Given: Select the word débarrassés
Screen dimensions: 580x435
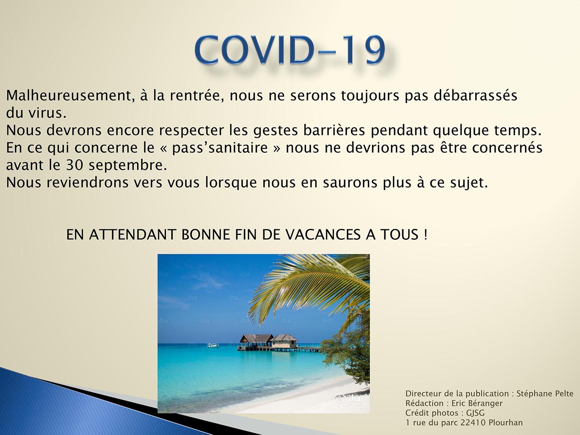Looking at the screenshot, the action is tap(475, 95).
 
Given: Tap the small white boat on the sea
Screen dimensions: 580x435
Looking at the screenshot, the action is tap(212, 345).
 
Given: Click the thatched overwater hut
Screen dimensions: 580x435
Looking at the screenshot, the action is tap(268, 342).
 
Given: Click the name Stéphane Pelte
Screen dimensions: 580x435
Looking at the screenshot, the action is tap(545, 393).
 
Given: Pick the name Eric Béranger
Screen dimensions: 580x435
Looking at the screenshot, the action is tap(477, 403).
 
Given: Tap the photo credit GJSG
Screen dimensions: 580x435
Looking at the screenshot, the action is tap(475, 413).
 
